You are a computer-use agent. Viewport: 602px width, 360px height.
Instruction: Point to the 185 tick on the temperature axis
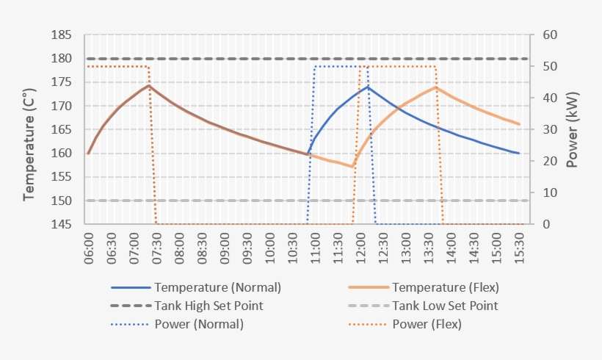[x=62, y=35]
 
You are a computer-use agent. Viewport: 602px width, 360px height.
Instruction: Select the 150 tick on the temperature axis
[x=62, y=201]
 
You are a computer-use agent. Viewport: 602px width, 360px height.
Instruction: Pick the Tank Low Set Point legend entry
[x=445, y=306]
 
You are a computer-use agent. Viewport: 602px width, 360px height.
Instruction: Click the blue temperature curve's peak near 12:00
[x=367, y=87]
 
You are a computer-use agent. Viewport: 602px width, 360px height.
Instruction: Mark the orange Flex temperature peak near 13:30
[x=436, y=87]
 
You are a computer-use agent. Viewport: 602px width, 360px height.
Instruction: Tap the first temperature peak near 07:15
[x=149, y=85]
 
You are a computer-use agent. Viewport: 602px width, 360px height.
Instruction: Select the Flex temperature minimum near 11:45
[x=352, y=167]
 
